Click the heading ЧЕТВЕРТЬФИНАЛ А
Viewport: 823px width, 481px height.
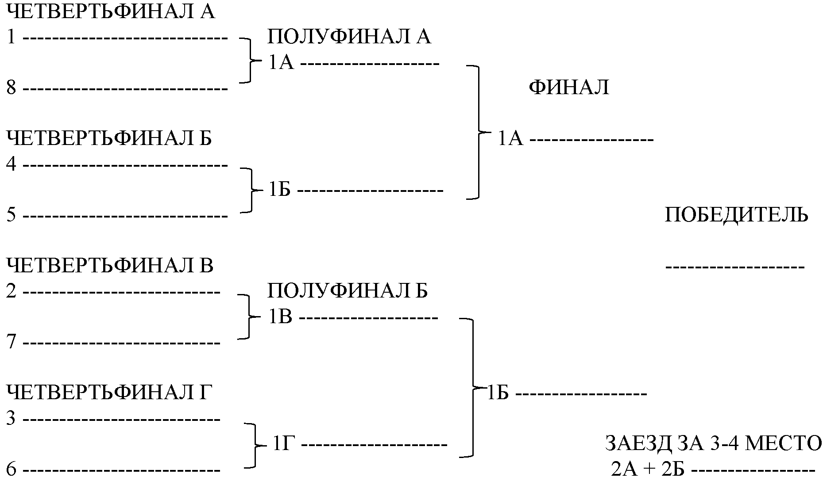coord(111,12)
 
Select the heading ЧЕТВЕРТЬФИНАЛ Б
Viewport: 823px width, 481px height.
coord(109,138)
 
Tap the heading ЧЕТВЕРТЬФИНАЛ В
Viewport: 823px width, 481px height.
coord(110,266)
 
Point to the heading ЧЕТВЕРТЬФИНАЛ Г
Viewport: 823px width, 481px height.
coord(107,392)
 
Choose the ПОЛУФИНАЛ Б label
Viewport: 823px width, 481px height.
coord(348,291)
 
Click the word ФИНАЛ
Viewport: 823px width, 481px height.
coord(569,88)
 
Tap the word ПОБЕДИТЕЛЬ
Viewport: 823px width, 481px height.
coord(736,215)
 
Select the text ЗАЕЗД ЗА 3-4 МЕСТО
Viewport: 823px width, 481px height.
coord(713,444)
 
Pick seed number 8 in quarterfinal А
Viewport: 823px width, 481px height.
coord(12,88)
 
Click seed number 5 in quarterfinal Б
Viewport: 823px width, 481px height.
coord(12,215)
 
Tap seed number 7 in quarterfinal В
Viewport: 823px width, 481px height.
coord(12,342)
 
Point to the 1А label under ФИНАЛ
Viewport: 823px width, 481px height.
coord(510,139)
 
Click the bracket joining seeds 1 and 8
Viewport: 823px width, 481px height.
coord(248,60)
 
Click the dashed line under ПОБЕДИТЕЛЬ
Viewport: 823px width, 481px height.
coord(735,267)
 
